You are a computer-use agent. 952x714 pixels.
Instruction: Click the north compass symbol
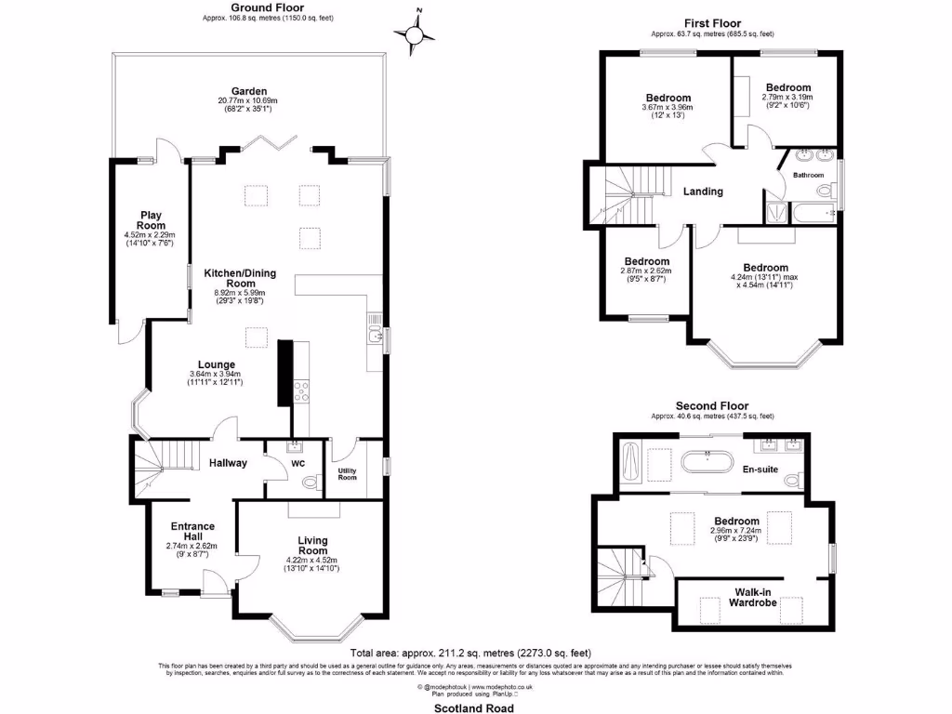click(416, 34)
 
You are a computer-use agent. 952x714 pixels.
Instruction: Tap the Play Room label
click(151, 220)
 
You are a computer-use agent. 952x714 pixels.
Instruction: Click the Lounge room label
click(216, 364)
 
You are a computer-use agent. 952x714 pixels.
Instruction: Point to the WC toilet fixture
click(308, 483)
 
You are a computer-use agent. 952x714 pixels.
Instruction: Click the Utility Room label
click(347, 474)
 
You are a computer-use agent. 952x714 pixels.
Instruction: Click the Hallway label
click(228, 462)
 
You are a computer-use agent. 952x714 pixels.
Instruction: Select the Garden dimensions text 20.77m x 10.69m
click(248, 100)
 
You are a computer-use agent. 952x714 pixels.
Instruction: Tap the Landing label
click(703, 192)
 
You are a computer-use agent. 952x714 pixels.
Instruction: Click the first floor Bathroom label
click(808, 175)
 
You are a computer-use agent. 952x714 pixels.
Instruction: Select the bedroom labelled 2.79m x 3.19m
click(787, 88)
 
